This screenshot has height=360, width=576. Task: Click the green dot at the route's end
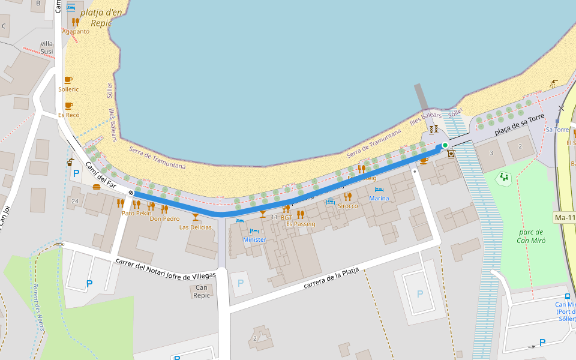[x=445, y=145]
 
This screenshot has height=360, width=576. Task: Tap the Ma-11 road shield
[x=565, y=217]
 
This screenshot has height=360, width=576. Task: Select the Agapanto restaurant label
[x=76, y=31]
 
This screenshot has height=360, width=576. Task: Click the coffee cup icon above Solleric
[x=68, y=80]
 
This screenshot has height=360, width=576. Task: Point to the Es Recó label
[x=68, y=115]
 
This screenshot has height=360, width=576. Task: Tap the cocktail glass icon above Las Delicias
[x=195, y=217]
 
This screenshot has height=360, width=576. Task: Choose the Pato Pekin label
[x=136, y=213]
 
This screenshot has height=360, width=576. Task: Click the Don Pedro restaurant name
[x=164, y=219]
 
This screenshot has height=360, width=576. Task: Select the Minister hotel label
[x=254, y=239]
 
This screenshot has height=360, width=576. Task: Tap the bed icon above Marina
[x=379, y=190]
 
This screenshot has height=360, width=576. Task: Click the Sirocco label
[x=347, y=206]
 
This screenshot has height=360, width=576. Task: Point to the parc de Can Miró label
[x=530, y=236]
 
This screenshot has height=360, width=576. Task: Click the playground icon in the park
[x=504, y=177]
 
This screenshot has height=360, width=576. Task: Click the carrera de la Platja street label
[x=331, y=278]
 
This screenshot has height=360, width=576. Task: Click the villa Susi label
[x=46, y=47]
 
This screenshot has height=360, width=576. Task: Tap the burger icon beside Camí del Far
[x=97, y=187]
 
